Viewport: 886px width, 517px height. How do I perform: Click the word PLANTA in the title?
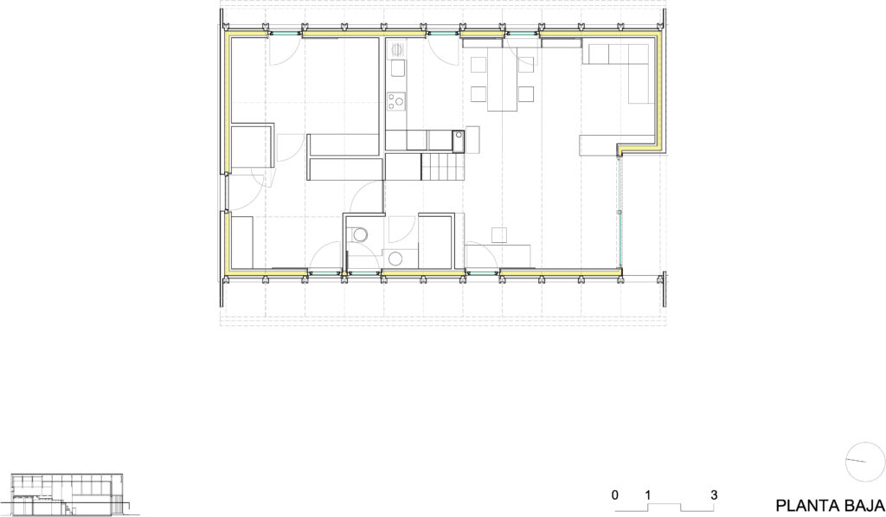coord(806,505)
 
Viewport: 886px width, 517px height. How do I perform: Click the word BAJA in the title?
coord(860,505)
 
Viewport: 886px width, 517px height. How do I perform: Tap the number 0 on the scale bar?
coord(614,495)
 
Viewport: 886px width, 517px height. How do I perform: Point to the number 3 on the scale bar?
coord(714,495)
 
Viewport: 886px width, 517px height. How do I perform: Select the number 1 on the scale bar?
coord(648,495)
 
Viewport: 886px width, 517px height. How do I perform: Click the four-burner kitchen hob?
coord(396,101)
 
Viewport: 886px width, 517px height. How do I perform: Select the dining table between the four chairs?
coord(503,80)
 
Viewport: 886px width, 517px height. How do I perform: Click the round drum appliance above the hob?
coord(397,49)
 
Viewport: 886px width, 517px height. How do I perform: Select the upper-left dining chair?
coord(478,63)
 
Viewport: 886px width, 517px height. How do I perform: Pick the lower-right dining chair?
coord(526,93)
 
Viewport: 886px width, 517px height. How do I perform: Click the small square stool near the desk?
coord(498,234)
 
